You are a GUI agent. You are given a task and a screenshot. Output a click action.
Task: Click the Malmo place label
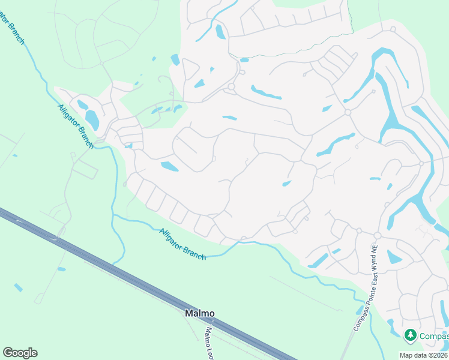(x=199, y=313)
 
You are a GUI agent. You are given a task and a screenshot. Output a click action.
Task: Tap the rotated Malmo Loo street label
(x=209, y=340)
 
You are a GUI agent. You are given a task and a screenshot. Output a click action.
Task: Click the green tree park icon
(x=411, y=335)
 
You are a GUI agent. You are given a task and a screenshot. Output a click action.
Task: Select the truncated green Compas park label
(x=433, y=335)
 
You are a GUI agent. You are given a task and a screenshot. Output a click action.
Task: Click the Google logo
(x=20, y=353)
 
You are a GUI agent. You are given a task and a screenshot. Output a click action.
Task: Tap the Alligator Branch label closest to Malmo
(x=183, y=244)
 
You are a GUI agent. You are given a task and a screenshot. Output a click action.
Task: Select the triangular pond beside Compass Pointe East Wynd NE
(x=394, y=257)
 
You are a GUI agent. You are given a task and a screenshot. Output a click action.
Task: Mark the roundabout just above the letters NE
(x=377, y=235)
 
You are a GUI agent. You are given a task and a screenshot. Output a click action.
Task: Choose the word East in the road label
(x=367, y=279)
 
